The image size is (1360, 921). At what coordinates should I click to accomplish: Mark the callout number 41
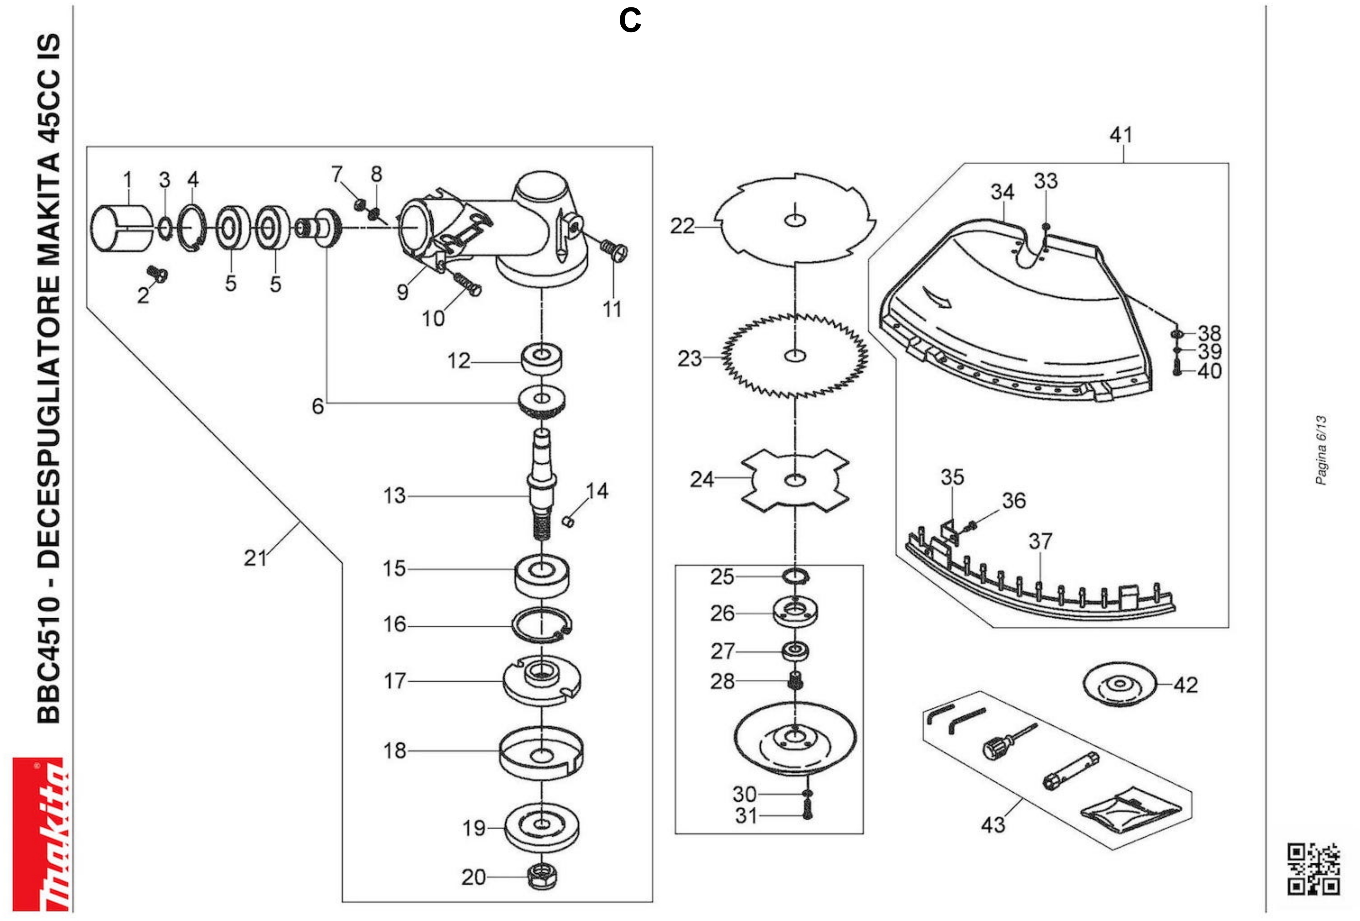[x=1121, y=135]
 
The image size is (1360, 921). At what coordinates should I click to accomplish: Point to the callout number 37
[x=1040, y=541]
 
